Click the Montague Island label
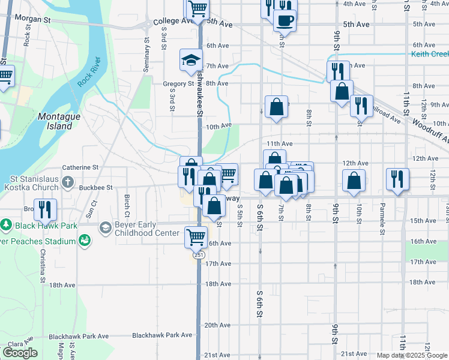[x=55, y=121]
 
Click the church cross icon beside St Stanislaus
[x=68, y=181]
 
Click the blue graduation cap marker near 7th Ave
[x=191, y=60]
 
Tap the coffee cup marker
[x=285, y=20]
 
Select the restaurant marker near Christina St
[x=45, y=209]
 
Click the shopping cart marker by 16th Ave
[x=196, y=236]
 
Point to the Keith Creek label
[x=430, y=54]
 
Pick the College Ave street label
[x=170, y=22]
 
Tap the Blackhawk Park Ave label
[x=162, y=335]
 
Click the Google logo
[x=20, y=353]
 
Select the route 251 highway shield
[x=198, y=255]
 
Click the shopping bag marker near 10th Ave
[x=276, y=107]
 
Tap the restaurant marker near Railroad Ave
[x=361, y=106]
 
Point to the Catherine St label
[x=80, y=167]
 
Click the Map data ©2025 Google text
[x=411, y=355]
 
